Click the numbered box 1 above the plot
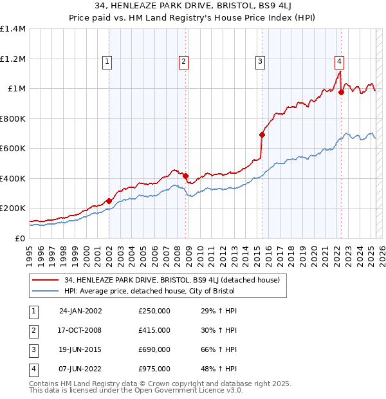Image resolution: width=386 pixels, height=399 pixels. click(x=106, y=62)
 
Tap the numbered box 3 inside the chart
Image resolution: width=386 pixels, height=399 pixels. click(x=260, y=62)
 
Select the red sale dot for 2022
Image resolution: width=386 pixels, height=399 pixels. click(x=341, y=92)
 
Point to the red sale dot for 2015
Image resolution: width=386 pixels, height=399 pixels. click(x=262, y=135)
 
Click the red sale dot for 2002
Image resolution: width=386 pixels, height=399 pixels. click(x=109, y=201)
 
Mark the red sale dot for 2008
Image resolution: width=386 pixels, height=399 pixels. click(x=185, y=176)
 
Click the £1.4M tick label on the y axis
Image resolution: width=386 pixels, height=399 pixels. click(x=13, y=29)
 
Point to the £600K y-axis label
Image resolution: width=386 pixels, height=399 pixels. click(x=13, y=148)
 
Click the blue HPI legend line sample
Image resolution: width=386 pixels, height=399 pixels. click(x=45, y=291)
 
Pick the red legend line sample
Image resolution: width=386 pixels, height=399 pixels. click(x=45, y=280)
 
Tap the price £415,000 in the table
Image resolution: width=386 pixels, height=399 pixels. click(x=154, y=330)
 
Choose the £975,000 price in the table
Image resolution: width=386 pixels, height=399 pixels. click(x=154, y=369)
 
